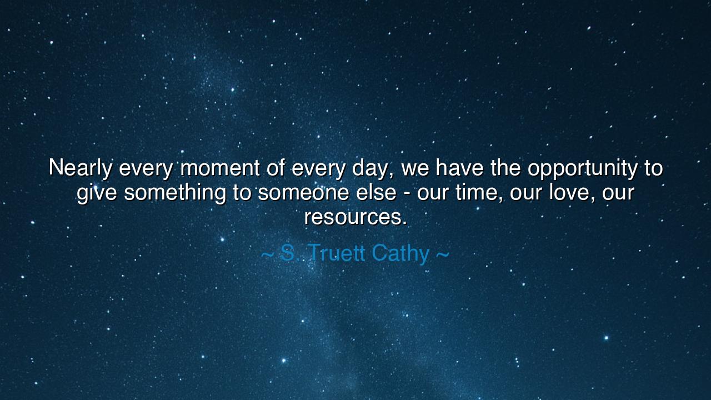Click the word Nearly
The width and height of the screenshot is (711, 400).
[x=81, y=169]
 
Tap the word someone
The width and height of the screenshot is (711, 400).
[x=303, y=193]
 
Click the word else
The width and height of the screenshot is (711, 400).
[x=376, y=192]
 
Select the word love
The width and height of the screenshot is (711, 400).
[x=572, y=193]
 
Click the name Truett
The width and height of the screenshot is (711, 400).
[x=337, y=253]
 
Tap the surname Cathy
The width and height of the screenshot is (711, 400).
[x=400, y=254]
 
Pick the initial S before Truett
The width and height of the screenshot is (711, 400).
[x=288, y=253]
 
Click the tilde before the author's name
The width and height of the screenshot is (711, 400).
[x=267, y=254]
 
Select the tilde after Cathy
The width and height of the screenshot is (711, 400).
[x=443, y=254]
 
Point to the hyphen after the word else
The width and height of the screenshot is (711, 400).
[x=407, y=194]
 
